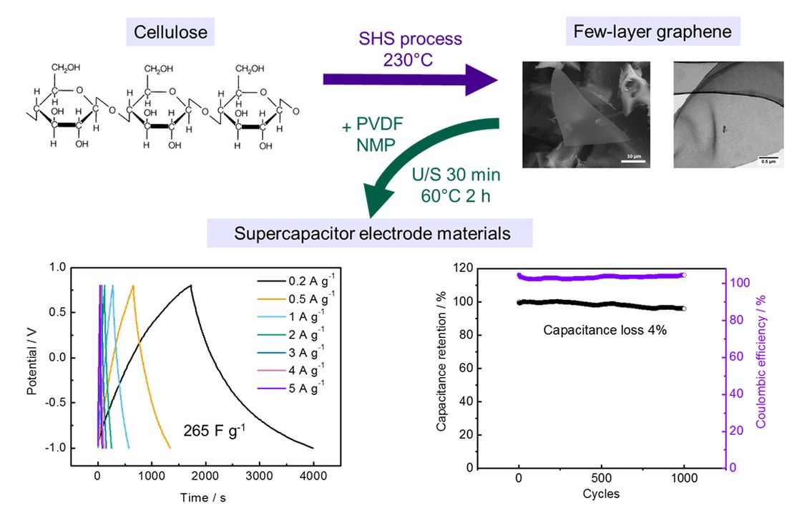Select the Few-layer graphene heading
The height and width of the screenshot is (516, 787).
pyautogui.click(x=652, y=31)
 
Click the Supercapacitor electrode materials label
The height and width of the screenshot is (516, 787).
pyautogui.click(x=370, y=233)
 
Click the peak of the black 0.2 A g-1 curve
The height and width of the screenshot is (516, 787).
pyautogui.click(x=191, y=286)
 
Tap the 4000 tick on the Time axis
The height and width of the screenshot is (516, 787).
pyautogui.click(x=313, y=475)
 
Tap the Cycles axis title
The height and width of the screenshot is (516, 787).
pyautogui.click(x=601, y=494)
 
